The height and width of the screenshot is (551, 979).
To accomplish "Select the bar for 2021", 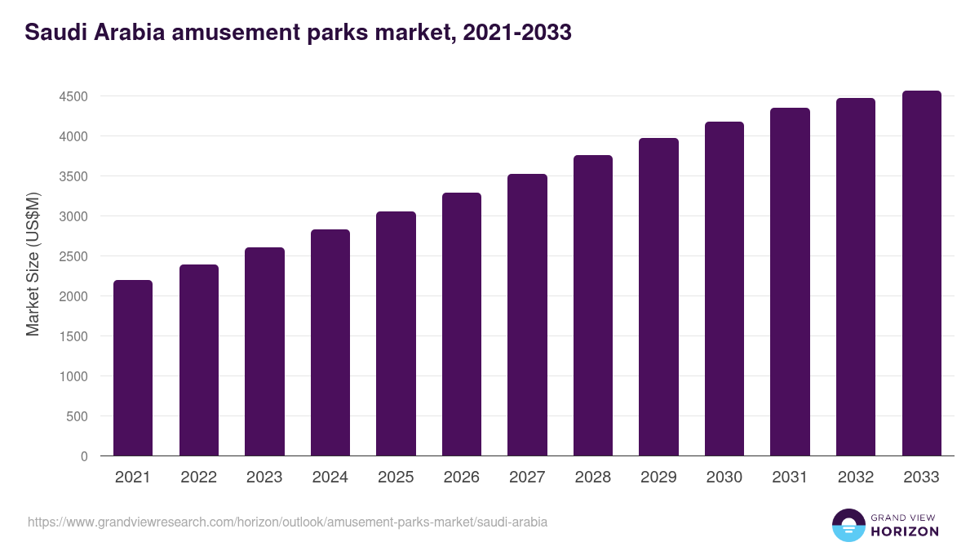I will pos(133,368).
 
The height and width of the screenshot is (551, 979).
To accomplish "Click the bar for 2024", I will pos(330,343).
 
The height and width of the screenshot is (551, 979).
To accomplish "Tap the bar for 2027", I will pos(527,315).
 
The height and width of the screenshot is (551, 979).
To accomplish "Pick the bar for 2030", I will pos(724,289).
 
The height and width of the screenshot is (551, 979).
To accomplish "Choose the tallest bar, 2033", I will pos(921,273).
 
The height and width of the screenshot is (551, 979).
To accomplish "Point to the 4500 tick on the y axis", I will pos(73,96).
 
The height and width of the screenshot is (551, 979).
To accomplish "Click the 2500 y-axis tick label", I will pos(73,256).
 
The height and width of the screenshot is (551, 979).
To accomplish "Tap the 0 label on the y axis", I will pos(84,456).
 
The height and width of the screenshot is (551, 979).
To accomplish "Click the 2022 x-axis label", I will pos(198,478).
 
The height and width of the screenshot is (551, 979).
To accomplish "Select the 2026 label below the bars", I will pos(462,478).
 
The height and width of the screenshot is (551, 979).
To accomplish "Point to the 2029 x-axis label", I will pos(658,478).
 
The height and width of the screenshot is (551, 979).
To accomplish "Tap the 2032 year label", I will pos(856,478).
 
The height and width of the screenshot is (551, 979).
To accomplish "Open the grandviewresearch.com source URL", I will pos(287,522).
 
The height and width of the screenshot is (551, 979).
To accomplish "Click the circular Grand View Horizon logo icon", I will pos(848,525).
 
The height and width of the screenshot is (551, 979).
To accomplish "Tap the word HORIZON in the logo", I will pos(905,531).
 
